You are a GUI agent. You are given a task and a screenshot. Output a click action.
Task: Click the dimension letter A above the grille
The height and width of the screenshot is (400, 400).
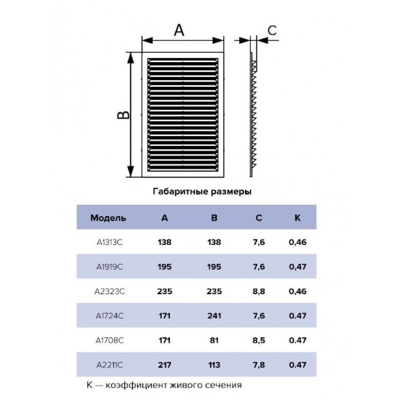click(x=179, y=30)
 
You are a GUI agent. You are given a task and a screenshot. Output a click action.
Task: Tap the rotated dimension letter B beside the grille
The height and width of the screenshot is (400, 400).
click(x=123, y=115)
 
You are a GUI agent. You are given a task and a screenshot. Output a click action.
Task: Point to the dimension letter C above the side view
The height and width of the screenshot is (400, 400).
click(x=272, y=30)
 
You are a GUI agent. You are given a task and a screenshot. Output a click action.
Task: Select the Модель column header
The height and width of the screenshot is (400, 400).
click(x=108, y=218)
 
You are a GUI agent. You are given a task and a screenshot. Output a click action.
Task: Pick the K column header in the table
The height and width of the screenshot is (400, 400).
click(x=297, y=218)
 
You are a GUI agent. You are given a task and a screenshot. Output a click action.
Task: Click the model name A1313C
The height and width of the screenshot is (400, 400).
click(x=110, y=242)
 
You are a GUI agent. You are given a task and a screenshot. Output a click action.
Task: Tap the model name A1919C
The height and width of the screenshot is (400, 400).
click(x=110, y=267)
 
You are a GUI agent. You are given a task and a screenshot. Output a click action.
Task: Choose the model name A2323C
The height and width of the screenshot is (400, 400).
click(x=110, y=291)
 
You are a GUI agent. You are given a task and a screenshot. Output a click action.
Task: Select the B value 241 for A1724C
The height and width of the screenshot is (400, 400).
click(x=214, y=316)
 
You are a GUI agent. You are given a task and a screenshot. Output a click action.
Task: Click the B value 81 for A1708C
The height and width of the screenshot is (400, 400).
click(x=214, y=340)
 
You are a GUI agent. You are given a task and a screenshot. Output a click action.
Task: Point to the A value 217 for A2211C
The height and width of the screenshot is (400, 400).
click(x=164, y=365)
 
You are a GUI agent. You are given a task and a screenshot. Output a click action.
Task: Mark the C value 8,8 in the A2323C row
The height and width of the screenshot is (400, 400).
click(x=258, y=291)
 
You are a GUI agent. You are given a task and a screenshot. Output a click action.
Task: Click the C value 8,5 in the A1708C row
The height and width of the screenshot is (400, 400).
click(x=258, y=340)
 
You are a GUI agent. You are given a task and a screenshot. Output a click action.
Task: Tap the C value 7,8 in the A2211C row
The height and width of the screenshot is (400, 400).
click(x=258, y=365)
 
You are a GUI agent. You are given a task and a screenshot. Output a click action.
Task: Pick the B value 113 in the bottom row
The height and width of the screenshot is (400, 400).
click(x=214, y=365)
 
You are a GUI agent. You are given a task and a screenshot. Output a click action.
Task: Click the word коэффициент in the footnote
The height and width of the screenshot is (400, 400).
click(x=136, y=385)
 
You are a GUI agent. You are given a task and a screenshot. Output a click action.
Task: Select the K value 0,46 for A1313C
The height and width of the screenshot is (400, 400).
click(x=297, y=242)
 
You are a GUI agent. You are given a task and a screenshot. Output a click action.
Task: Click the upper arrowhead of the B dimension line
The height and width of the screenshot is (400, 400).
click(x=130, y=58)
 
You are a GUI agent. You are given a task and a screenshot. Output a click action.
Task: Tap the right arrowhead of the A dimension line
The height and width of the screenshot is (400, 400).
click(x=218, y=40)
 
